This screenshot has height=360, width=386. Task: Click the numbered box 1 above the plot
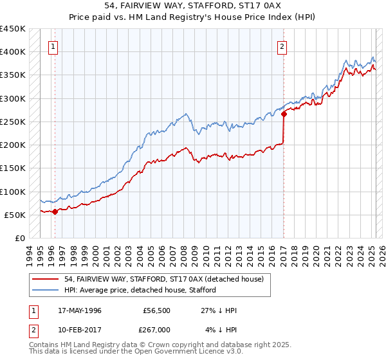tap(53, 46)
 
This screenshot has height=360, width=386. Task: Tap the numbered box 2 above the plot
tap(282, 46)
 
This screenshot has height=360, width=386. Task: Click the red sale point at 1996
tap(55, 211)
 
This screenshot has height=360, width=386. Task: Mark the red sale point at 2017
tap(284, 114)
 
